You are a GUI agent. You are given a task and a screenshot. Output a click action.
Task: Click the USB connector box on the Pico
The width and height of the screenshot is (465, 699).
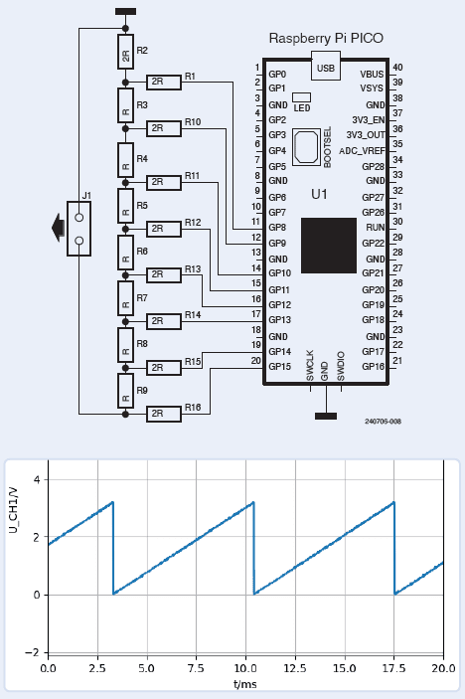[325, 68]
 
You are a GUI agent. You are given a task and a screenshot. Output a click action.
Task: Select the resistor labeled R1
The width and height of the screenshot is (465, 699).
[163, 82]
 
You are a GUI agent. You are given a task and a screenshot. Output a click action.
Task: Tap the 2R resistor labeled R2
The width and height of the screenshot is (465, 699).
[125, 56]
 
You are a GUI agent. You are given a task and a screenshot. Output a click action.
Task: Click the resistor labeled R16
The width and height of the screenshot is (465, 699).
[163, 413]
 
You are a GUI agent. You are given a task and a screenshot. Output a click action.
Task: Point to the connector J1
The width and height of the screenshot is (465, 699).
[78, 228]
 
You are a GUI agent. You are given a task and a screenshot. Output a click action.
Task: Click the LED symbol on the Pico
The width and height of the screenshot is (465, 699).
[302, 96]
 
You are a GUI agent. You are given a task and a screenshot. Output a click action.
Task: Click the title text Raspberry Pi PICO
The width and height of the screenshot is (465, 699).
[326, 38]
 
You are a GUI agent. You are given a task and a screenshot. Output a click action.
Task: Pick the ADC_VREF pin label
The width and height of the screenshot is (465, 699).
[363, 151]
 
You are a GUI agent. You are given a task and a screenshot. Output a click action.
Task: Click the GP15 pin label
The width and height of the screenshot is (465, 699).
[279, 367]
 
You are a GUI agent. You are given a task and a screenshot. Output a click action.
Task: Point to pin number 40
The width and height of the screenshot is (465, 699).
[397, 67]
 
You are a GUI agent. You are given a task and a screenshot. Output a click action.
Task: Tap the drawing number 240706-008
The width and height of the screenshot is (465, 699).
[377, 421]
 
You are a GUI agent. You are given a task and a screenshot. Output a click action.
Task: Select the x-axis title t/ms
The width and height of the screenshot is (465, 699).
[245, 685]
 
